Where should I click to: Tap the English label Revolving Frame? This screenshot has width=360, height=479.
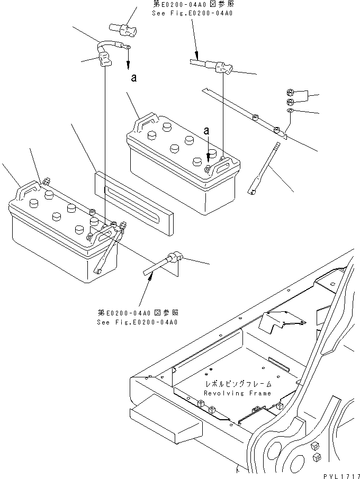tap(238, 393)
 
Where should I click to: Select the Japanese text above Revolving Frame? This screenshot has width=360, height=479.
tap(239, 384)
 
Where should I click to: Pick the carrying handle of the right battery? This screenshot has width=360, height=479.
tap(146, 121)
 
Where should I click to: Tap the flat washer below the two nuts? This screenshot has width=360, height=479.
tap(290, 110)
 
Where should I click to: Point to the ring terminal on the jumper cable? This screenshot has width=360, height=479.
tap(128, 48)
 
